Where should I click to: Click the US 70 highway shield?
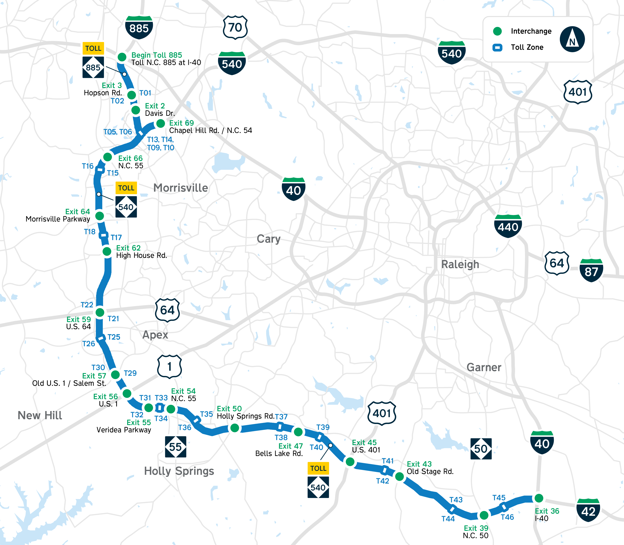pos(235,27)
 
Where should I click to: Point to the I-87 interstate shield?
pos(591,270)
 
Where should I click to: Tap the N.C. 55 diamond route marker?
pos(175,447)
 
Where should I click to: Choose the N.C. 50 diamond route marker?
pos(481,449)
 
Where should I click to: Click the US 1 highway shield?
pos(169,367)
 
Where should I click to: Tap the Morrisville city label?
pos(181,188)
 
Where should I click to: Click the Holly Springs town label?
pos(179,471)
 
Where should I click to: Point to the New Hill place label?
pos(40,415)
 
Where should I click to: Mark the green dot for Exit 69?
pos(160,123)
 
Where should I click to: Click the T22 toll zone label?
pos(87,305)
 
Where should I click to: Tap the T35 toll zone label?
pos(206,414)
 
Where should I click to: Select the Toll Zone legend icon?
pos(497,47)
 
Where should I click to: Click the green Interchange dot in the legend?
pos(497,31)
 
